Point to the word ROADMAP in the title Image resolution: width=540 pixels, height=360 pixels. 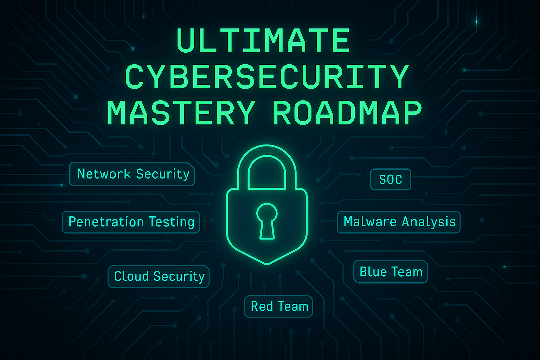(x=347, y=113)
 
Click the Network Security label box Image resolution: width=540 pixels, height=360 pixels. (x=132, y=174)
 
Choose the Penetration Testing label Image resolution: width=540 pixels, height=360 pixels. (x=131, y=222)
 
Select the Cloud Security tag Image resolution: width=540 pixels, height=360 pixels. (x=159, y=276)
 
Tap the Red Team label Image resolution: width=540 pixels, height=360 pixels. (x=279, y=306)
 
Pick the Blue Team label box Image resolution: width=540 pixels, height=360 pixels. (x=390, y=272)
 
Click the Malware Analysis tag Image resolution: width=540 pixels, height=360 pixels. (x=399, y=222)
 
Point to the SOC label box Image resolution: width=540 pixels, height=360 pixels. (x=391, y=179)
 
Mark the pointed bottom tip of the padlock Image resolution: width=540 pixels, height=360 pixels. (x=267, y=263)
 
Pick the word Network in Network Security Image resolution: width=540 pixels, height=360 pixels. (x=104, y=174)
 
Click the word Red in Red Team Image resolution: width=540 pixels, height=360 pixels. (x=262, y=306)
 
